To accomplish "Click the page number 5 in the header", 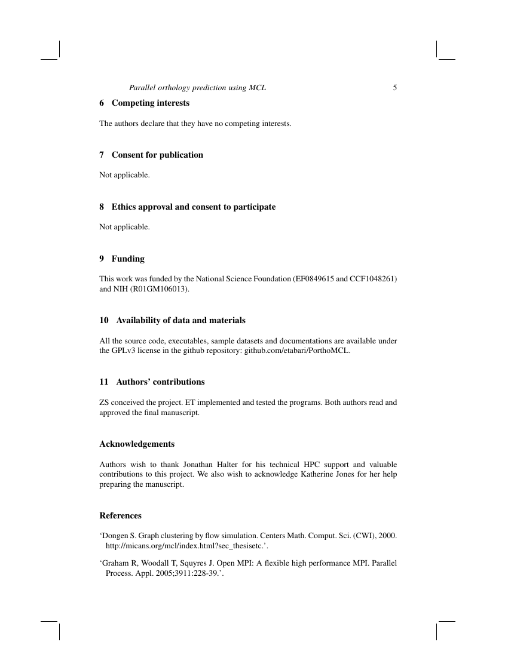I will [395, 88].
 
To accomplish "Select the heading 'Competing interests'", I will [151, 103].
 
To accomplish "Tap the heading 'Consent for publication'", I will [157, 155].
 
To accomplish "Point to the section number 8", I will [102, 207].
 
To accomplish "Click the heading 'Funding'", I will [128, 259].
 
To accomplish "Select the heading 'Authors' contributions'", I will [160, 382].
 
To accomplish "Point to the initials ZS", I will [104, 403].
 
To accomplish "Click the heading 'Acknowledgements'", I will [137, 444].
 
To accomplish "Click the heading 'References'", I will [120, 515].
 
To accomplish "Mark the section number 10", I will [103, 320].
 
